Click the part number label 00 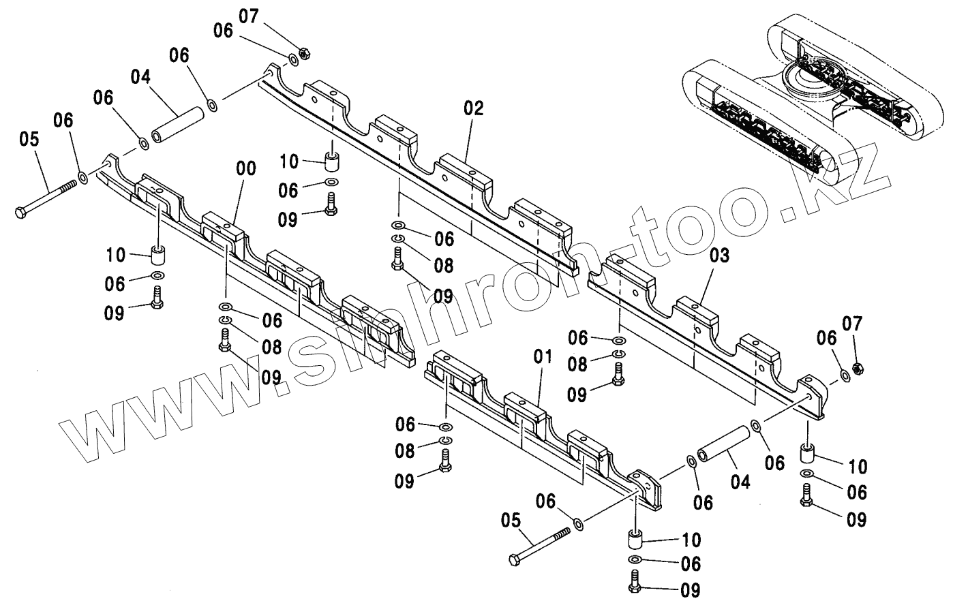[x=246, y=169]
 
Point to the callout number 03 [x=719, y=256]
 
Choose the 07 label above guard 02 [x=249, y=16]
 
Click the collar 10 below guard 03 [x=807, y=453]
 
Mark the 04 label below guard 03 [x=740, y=482]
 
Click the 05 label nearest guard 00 [x=29, y=140]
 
